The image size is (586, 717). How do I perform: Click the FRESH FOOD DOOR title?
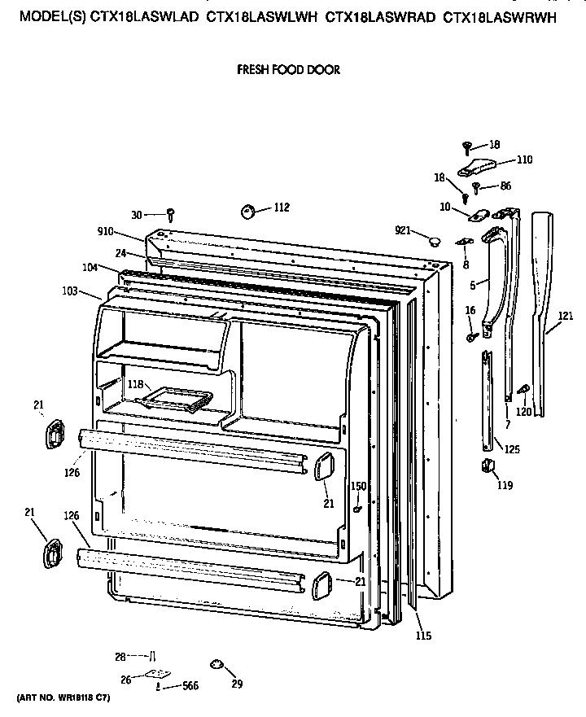click(x=288, y=70)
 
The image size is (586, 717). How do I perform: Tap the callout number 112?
click(x=281, y=208)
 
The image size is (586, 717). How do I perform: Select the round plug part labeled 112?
click(x=248, y=212)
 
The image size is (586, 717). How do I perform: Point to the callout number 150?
click(x=358, y=486)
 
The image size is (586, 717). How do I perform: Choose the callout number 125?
click(x=512, y=448)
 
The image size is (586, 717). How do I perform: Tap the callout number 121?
click(x=566, y=316)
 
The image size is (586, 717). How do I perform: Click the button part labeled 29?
click(x=216, y=665)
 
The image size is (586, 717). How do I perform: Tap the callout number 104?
click(x=90, y=267)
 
